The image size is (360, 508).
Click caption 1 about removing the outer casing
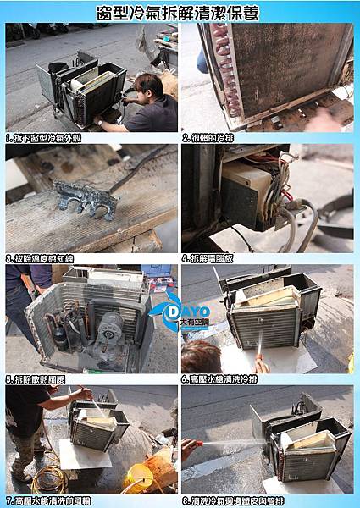coord(42,137)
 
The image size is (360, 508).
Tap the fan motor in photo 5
coord(108,323)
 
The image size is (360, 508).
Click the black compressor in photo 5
coord(60,331)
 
